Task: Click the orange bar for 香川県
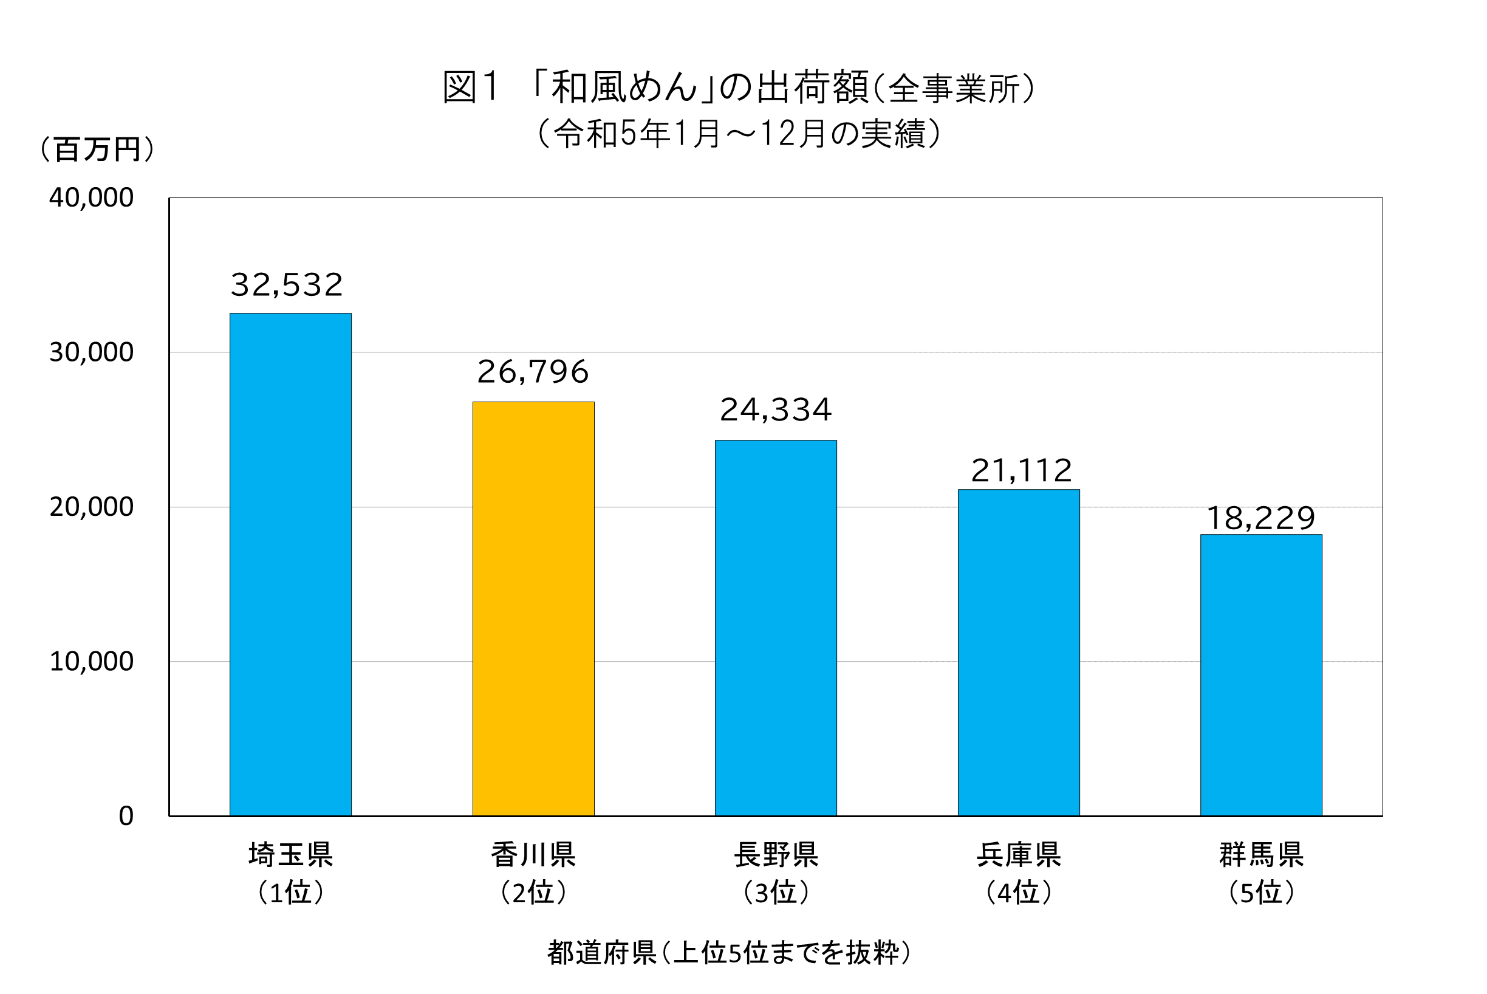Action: point(533,609)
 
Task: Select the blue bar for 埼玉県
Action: point(290,564)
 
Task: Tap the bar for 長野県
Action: point(776,628)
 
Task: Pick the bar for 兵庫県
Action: point(1019,653)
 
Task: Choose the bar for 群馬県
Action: point(1262,674)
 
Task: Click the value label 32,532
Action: point(287,284)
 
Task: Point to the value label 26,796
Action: point(533,372)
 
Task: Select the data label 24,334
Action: point(776,410)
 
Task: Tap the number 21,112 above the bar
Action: point(1021,471)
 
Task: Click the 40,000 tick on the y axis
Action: point(91,198)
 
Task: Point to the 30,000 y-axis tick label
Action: point(91,352)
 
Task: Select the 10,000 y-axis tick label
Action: point(91,661)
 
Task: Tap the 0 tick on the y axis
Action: point(126,816)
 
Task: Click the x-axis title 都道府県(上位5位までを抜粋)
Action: point(729,952)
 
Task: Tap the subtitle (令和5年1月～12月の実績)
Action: point(739,134)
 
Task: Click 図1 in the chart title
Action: point(470,87)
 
